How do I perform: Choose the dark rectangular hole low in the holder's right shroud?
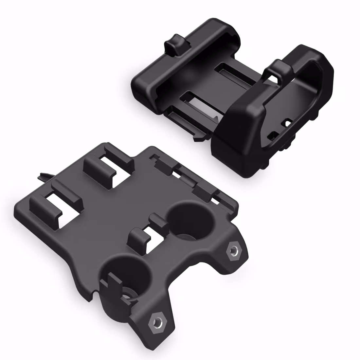[271, 135]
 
